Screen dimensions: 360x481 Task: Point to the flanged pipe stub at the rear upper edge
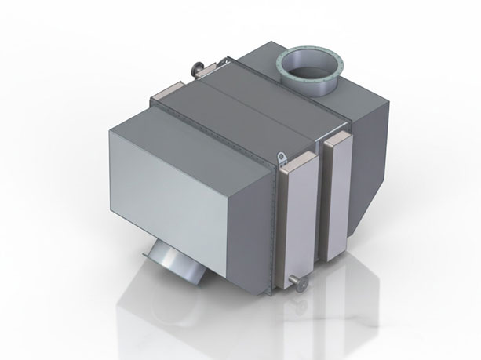pos(195,69)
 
